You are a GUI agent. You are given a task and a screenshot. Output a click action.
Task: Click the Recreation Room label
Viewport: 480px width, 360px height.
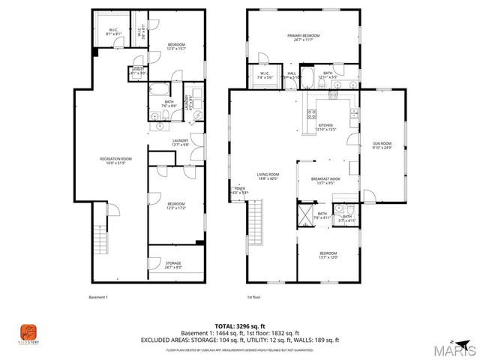(116, 160)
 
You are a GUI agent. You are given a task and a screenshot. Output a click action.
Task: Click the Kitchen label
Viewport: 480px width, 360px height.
(325, 127)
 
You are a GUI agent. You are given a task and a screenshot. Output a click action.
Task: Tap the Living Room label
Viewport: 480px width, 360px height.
(268, 176)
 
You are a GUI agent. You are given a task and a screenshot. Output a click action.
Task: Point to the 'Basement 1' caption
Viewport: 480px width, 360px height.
(98, 297)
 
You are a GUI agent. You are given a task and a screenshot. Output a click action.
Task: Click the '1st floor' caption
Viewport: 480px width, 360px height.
(255, 297)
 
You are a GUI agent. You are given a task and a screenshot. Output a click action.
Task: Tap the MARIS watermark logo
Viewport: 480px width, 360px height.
(457, 349)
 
